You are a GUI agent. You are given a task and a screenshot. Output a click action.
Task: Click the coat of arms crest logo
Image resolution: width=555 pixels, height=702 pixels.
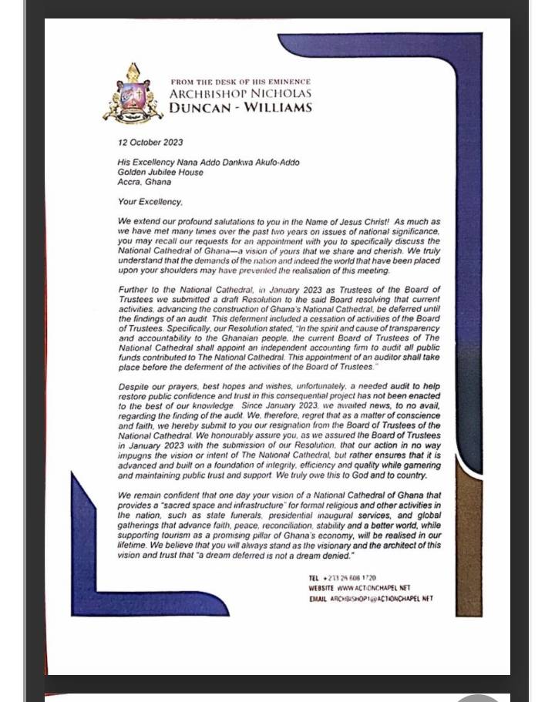point(133,95)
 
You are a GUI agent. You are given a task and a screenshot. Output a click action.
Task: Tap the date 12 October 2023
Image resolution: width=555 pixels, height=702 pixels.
point(150,143)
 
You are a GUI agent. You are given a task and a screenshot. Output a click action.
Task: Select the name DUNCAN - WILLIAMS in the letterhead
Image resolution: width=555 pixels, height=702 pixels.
point(240,108)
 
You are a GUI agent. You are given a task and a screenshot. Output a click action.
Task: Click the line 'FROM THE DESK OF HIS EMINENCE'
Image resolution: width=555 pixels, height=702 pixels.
point(240,82)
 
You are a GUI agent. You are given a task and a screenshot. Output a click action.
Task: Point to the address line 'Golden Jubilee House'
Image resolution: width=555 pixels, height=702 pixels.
point(160,173)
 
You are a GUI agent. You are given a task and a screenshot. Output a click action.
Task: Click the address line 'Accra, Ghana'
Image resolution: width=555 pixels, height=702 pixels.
point(144,183)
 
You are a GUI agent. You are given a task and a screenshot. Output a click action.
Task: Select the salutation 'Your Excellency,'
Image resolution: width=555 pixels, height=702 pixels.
point(150,203)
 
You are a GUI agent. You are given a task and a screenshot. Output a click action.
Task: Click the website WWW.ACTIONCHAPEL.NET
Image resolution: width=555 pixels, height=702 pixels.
point(374,588)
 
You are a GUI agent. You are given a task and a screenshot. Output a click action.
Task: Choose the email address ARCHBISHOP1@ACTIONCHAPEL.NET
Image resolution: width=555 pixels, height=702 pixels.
point(382,599)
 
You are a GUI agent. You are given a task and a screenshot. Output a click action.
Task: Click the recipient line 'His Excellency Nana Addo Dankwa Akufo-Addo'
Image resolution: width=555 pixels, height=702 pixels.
point(208,163)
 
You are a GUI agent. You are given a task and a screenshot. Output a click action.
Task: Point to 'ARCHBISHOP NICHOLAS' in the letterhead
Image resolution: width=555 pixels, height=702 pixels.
point(240,94)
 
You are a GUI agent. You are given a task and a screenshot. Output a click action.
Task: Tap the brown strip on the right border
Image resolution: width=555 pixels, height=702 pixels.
point(469,539)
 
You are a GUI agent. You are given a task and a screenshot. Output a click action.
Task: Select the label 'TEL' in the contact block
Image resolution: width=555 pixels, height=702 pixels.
point(314,578)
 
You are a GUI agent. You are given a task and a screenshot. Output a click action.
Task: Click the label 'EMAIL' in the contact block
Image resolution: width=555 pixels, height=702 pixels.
point(318,599)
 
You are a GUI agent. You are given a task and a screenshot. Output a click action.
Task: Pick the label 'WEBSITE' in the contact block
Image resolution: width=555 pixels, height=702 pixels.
point(321,588)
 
